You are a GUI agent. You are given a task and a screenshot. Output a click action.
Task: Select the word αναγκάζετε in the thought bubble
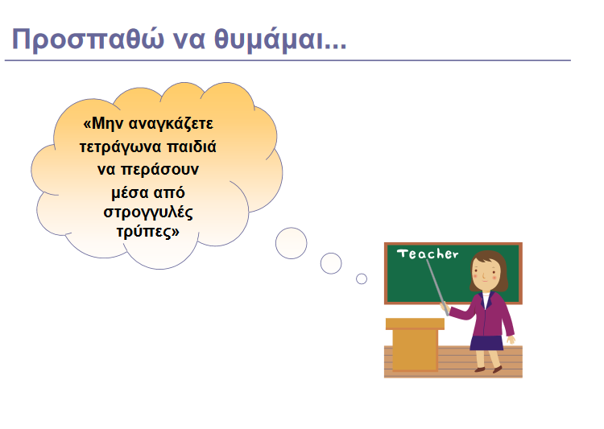point(170,125)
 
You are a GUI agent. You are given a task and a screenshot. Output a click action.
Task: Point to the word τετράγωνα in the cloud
point(120,147)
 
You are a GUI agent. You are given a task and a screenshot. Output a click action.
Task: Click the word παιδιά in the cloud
point(192,146)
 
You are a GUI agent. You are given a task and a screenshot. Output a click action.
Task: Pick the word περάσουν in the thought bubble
point(160,170)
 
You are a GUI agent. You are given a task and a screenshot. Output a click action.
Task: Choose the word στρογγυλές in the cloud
point(148,212)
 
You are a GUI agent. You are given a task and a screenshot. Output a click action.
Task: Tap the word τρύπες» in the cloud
point(148,233)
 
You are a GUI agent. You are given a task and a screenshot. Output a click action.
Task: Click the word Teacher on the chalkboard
point(427,254)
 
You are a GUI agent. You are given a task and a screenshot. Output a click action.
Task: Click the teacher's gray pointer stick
point(437,287)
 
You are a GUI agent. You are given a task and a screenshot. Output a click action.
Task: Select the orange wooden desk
point(415,344)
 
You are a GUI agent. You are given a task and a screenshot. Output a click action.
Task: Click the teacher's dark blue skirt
point(486,343)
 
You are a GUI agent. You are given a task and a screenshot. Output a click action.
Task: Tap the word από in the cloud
point(169,193)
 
